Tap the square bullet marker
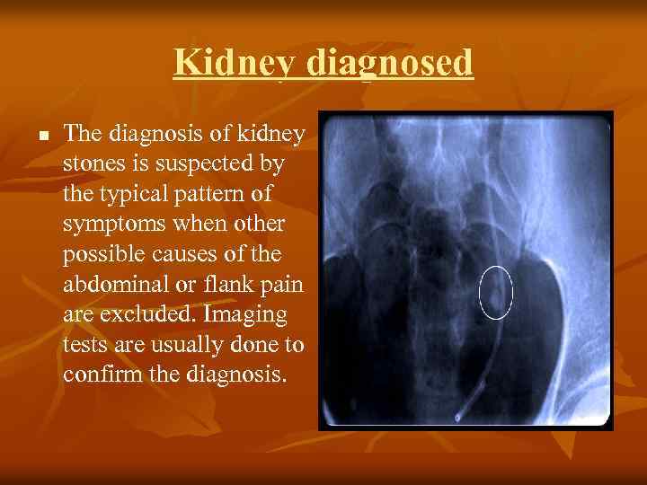pyautogui.click(x=42, y=136)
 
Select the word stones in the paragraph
pyautogui.click(x=94, y=163)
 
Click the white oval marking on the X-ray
pyautogui.click(x=495, y=293)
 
